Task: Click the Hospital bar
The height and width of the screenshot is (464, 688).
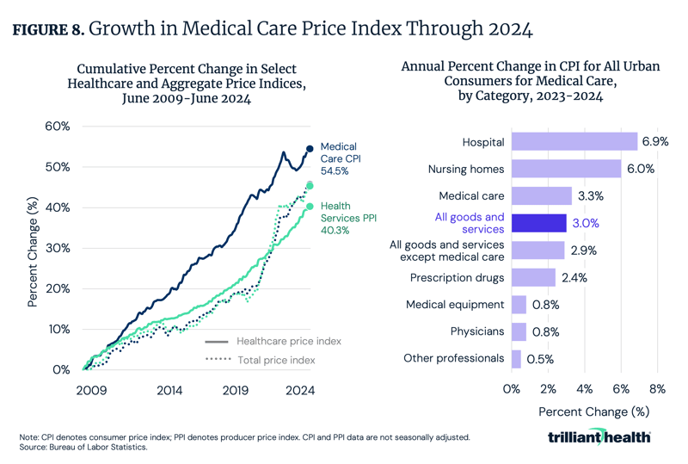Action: (x=574, y=141)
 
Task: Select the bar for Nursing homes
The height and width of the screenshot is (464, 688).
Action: (x=566, y=169)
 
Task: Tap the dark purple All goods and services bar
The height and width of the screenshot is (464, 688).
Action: (x=538, y=223)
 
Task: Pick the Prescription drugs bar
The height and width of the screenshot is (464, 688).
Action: (x=533, y=277)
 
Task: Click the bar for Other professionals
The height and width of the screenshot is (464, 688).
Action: (x=516, y=357)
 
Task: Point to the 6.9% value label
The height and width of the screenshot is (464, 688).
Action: (x=654, y=141)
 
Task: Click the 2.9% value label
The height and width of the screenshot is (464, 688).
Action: (x=582, y=250)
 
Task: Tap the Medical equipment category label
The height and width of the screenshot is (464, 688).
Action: (x=454, y=304)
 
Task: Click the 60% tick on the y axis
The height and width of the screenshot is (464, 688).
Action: (x=57, y=127)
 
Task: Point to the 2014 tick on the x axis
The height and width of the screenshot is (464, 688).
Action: (x=169, y=390)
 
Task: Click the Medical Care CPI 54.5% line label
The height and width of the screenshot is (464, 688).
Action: (x=338, y=158)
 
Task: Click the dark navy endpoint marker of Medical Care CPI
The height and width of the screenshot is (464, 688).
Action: (x=310, y=149)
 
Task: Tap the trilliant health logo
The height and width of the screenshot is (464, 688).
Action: (x=599, y=437)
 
